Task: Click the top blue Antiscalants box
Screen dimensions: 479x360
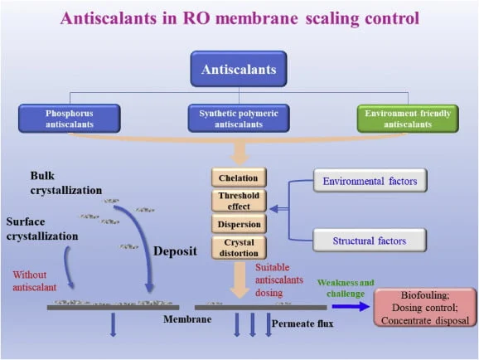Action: tap(239, 69)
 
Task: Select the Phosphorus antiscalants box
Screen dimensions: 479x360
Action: tap(70, 119)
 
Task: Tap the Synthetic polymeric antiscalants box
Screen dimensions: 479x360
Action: tap(239, 119)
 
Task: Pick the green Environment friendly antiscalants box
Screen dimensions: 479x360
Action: tap(408, 119)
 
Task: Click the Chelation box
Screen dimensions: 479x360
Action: tap(239, 178)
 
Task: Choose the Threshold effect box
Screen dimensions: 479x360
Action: tap(239, 201)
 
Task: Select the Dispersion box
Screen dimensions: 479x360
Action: tap(239, 224)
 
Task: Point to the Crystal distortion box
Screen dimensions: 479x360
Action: tap(239, 247)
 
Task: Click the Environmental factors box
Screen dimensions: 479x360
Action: tap(370, 181)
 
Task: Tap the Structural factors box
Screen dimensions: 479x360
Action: tap(370, 241)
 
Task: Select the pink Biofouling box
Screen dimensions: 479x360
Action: tap(425, 308)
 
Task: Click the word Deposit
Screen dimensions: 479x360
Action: tap(175, 251)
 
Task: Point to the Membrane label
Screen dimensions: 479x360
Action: tap(187, 319)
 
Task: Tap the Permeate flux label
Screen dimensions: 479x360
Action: tap(302, 324)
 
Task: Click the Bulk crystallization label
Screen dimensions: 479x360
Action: tap(66, 183)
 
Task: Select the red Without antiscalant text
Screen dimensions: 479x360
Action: tap(35, 280)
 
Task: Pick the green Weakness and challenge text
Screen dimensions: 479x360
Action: tap(346, 288)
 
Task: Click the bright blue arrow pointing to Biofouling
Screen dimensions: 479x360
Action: tap(351, 306)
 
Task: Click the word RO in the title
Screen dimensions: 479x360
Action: tap(196, 18)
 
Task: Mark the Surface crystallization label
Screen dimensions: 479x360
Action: tap(42, 229)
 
